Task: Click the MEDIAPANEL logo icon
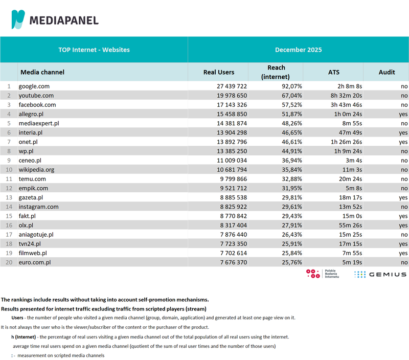[18, 19]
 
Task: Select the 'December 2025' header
[298, 50]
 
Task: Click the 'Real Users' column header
[218, 72]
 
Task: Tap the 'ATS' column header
[333, 72]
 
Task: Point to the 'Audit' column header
[387, 72]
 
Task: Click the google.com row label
[34, 86]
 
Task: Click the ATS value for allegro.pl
[347, 114]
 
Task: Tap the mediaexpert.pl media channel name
[39, 123]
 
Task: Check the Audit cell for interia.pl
[403, 132]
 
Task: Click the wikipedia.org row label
[37, 169]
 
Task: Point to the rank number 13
[8, 197]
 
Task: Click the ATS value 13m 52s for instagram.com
[350, 206]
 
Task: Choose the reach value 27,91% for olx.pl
[292, 224]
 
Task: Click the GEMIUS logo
[380, 275]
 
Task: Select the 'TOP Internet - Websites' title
[94, 50]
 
